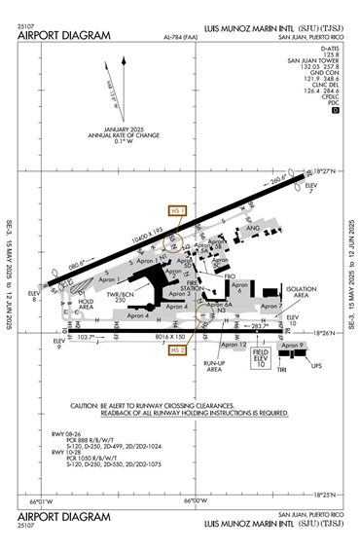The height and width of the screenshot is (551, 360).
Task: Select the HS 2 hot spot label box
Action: click(176, 349)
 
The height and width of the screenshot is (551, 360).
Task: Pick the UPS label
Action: click(314, 366)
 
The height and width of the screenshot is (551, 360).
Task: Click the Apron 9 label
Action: click(293, 345)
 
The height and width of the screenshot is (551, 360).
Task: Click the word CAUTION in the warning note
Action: click(90, 405)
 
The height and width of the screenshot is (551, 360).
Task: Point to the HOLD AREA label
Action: click(85, 305)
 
